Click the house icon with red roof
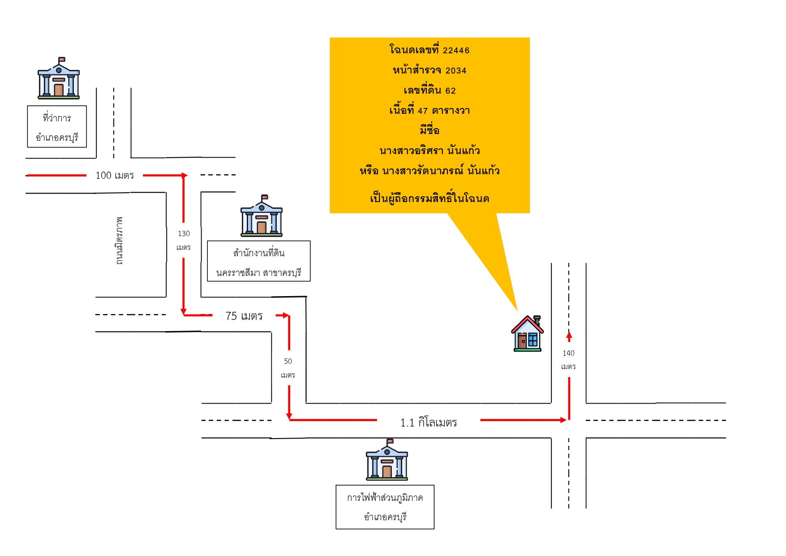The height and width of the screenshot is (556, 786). click(528, 333)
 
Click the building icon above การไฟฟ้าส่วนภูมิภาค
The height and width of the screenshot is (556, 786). click(387, 460)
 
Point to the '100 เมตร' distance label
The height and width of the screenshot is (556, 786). click(115, 175)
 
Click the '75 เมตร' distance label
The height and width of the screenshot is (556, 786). click(244, 316)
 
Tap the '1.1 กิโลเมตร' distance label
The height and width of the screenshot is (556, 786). click(429, 422)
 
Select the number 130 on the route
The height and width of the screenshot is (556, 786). click(184, 233)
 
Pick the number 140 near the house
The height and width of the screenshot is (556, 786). click(568, 353)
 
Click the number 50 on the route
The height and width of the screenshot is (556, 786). click(288, 361)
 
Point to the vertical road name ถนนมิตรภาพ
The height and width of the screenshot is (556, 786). click(119, 241)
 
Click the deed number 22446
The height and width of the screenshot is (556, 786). click(456, 51)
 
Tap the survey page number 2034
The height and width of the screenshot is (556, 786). click(456, 71)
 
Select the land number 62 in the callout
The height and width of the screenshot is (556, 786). click(451, 91)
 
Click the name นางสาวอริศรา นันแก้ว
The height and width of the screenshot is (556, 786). click(430, 151)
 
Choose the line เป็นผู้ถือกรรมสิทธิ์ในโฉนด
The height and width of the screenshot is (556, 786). click(430, 198)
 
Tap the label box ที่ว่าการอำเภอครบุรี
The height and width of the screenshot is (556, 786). click(57, 127)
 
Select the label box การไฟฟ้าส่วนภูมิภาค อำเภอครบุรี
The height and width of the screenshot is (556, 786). click(385, 507)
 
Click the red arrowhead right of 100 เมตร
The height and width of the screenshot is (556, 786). click(184, 175)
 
